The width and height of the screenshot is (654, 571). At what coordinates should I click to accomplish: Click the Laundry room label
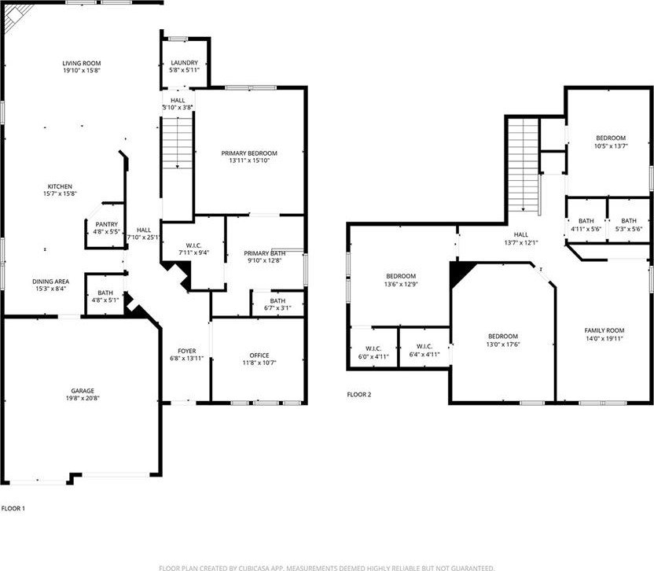tap(185, 63)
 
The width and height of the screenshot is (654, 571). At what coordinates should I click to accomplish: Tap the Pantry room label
tap(107, 225)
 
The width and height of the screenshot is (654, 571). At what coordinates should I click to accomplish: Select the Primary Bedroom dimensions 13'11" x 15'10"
tap(249, 160)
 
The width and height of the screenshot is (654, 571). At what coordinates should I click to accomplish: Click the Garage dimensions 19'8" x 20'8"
tap(83, 398)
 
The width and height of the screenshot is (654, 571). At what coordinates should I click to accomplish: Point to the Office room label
tap(259, 355)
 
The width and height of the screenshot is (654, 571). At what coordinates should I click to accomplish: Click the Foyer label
tap(186, 351)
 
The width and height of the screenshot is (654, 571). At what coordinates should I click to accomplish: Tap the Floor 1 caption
tap(13, 508)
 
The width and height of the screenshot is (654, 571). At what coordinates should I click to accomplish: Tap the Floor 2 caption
tap(359, 395)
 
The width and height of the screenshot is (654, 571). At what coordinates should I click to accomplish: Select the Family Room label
tap(604, 330)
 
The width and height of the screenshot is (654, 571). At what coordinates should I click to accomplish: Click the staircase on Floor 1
tap(178, 143)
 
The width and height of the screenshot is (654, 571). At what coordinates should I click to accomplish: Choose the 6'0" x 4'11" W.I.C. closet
tap(373, 348)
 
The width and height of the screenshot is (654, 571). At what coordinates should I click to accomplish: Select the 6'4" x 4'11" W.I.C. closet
tap(424, 348)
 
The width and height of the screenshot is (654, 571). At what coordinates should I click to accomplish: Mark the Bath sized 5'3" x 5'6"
tap(629, 220)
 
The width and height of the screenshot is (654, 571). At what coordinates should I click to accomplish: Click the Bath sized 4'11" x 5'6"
tap(586, 220)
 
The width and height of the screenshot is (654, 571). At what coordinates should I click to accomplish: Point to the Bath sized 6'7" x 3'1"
tap(277, 304)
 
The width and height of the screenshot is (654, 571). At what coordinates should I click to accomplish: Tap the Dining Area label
tap(51, 282)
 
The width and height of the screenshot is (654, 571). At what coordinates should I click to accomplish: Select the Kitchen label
tap(60, 186)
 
